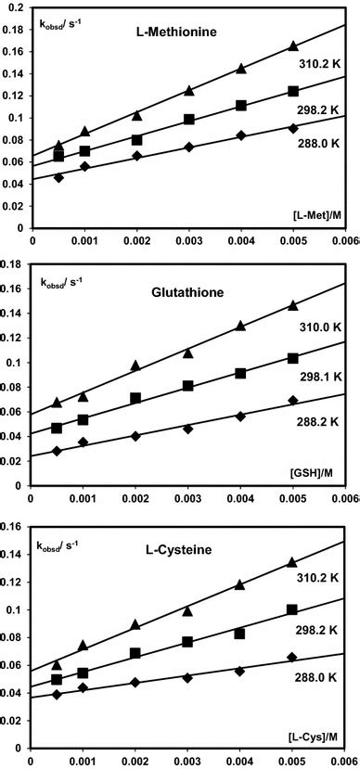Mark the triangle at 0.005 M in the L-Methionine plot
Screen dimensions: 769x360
pyautogui.click(x=293, y=46)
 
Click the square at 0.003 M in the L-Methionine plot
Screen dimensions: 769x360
pyautogui.click(x=189, y=120)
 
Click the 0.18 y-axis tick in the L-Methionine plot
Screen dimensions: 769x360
pyautogui.click(x=14, y=8)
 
